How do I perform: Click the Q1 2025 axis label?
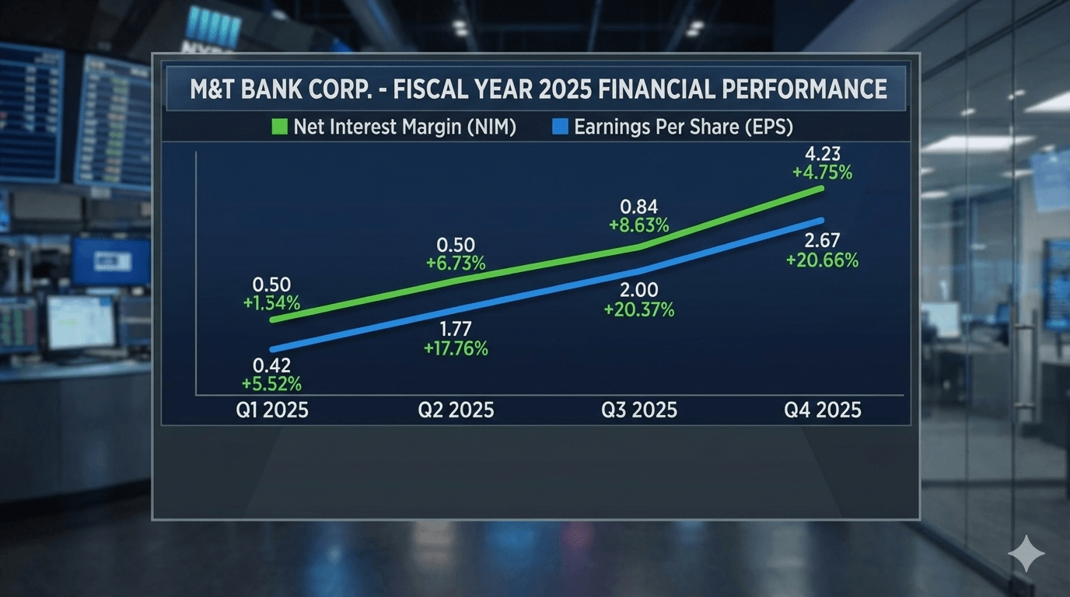coord(272,410)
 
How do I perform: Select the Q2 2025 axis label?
coord(456,410)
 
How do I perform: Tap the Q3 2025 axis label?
coord(639,410)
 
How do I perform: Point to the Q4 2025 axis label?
coord(823,410)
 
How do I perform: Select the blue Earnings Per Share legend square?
coord(560,127)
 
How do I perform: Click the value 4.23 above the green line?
coord(823,154)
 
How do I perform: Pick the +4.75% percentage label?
coord(823,173)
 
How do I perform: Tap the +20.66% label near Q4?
coord(822,261)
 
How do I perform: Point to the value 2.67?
coord(822,240)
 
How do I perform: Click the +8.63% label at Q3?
coord(639,226)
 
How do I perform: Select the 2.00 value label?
coord(639,289)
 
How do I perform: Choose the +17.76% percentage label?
coord(456,349)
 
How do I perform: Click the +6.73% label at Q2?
coord(456,264)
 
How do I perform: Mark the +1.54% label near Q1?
coord(271,304)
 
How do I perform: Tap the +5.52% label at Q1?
coord(271,384)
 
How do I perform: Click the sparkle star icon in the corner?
coord(1026,553)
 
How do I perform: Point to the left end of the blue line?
coord(272,350)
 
